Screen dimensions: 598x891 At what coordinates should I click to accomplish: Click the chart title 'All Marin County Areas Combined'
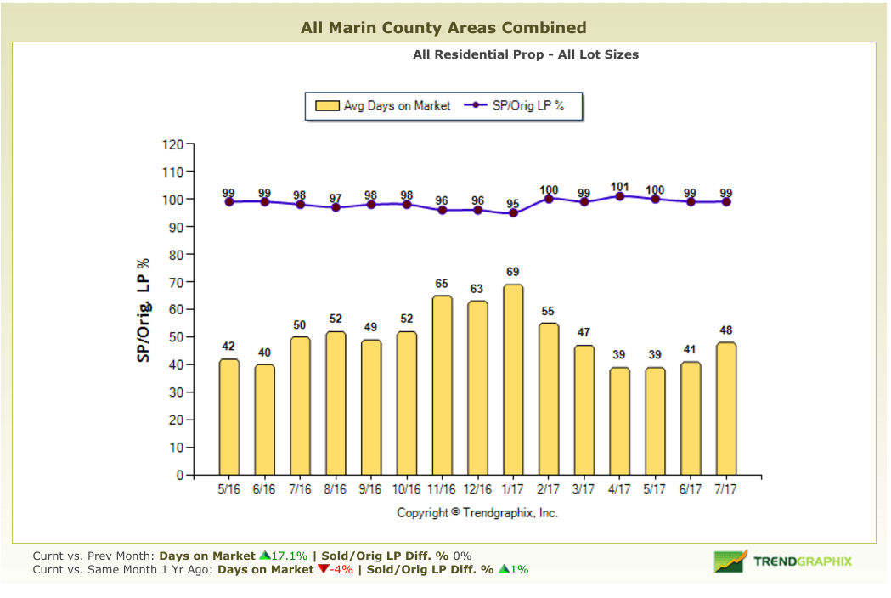[x=443, y=28]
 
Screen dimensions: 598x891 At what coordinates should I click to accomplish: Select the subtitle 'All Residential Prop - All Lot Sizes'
[x=526, y=54]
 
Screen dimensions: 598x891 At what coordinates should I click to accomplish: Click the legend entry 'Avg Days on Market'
[x=384, y=106]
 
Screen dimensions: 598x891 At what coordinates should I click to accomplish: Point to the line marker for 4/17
[x=619, y=196]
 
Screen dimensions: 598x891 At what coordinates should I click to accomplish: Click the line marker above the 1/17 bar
[x=512, y=213]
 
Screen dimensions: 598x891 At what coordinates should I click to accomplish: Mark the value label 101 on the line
[x=619, y=187]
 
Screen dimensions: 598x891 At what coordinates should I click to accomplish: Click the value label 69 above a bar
[x=512, y=273]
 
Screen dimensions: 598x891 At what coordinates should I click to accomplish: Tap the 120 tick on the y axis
[x=172, y=144]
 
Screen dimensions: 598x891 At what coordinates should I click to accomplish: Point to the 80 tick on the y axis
[x=175, y=255]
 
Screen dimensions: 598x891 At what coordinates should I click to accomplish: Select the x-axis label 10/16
[x=406, y=490]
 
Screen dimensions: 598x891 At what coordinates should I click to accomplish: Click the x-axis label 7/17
[x=725, y=490]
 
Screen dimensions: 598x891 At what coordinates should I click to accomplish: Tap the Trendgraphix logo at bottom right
[x=782, y=561]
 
